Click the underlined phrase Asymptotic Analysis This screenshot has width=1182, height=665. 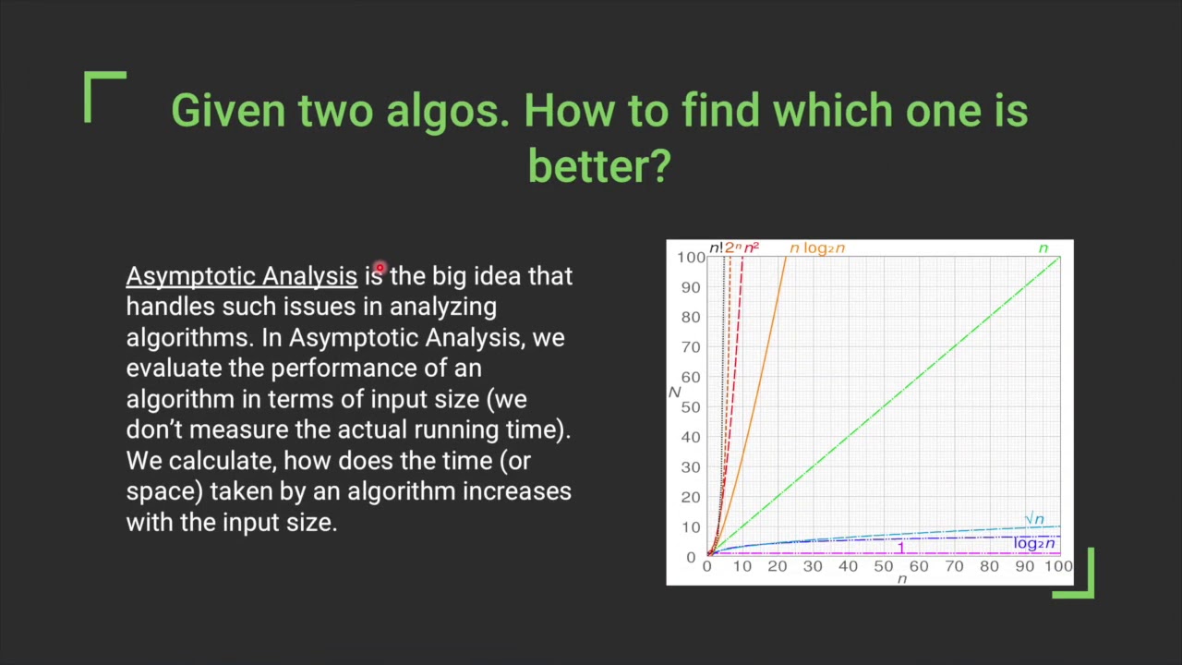point(242,277)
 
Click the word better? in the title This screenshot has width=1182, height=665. point(599,165)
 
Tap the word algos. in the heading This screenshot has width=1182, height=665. point(448,112)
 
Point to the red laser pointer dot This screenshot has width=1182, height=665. point(380,268)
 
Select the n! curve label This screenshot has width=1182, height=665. point(716,248)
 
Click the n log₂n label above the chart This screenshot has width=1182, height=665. point(817,248)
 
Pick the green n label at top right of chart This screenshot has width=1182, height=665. point(1043,248)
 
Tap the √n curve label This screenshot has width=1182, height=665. point(1034,519)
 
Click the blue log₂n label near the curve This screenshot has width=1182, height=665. point(1033,543)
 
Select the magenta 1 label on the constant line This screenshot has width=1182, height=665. point(901,548)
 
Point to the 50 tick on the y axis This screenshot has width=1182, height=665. point(691,407)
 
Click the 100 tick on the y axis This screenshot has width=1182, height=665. point(692,258)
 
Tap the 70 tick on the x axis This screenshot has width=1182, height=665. point(954,566)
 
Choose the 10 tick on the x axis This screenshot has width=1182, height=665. point(742,566)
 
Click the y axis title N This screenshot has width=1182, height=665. point(674,393)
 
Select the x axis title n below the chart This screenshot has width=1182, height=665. point(902,579)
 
